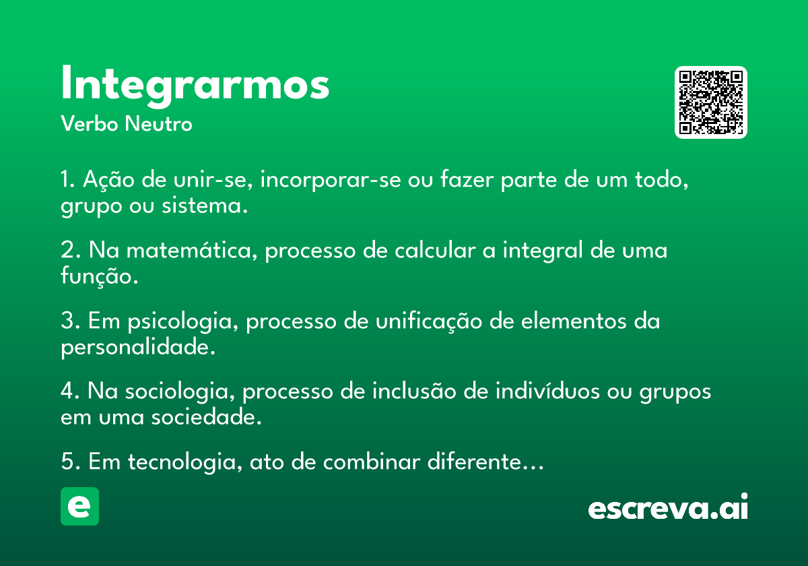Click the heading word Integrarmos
(195, 86)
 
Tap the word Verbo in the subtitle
(90, 124)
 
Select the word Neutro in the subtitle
(159, 124)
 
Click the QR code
(710, 102)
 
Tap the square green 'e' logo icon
(79, 506)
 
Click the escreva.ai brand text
(668, 507)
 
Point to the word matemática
(192, 250)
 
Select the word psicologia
(183, 321)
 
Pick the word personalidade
(138, 347)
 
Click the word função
(100, 276)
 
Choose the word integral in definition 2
(543, 250)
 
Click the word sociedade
(206, 417)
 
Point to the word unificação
(429, 321)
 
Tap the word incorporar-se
(331, 180)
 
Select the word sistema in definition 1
(205, 206)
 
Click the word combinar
(372, 462)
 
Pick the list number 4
(69, 391)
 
